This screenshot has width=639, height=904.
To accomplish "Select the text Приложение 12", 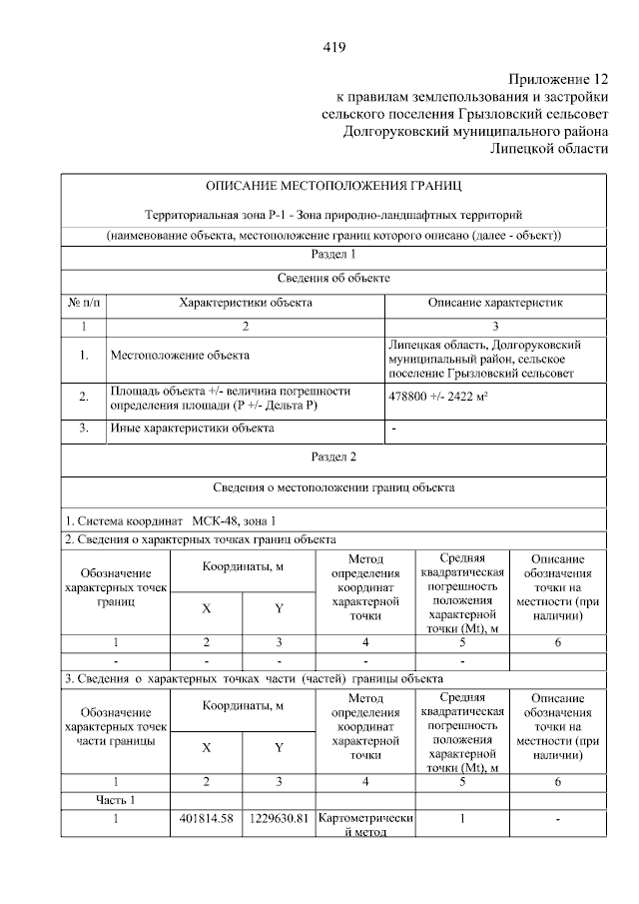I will (x=557, y=79).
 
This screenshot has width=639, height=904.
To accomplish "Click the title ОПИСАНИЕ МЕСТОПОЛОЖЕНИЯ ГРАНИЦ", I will (x=333, y=186).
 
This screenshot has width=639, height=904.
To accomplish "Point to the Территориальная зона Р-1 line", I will (x=333, y=214).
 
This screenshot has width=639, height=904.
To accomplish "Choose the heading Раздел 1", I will (x=333, y=256).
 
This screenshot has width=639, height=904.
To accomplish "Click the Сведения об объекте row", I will (x=333, y=278).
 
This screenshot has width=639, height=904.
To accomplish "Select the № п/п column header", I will (x=83, y=302).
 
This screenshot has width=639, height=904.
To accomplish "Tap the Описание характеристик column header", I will (x=495, y=302).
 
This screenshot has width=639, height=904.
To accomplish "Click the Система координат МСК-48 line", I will (x=170, y=520).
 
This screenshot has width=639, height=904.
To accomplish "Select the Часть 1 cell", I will (x=115, y=799).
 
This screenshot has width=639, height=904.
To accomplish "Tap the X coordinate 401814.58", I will (x=206, y=819).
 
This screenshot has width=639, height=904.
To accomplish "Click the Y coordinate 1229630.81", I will (x=279, y=819).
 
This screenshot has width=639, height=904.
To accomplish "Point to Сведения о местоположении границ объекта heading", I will (x=333, y=488).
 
